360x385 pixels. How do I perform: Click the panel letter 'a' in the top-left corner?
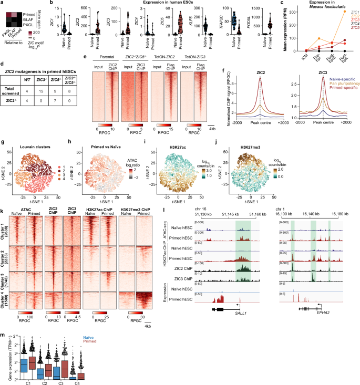click(3, 3)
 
